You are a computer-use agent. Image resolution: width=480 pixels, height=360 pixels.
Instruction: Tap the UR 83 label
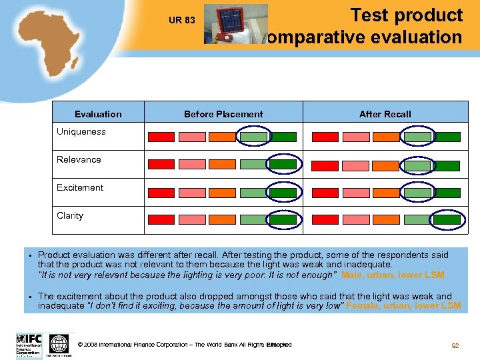pyautogui.click(x=182, y=20)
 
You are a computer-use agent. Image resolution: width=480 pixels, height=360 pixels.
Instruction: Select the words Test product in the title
pyautogui.click(x=406, y=15)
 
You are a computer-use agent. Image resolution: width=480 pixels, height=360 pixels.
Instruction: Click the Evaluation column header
pyautogui.click(x=98, y=114)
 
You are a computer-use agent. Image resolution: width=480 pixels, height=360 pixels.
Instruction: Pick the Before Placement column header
pyautogui.click(x=223, y=114)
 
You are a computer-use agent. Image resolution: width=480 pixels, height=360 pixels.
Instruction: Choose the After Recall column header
pyautogui.click(x=385, y=114)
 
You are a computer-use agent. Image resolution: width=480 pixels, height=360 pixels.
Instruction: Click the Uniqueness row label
pyautogui.click(x=81, y=131)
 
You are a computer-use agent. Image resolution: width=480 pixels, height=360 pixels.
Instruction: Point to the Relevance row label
pyautogui.click(x=79, y=159)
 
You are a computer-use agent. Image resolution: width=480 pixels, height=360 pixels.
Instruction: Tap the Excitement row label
pyautogui.click(x=80, y=187)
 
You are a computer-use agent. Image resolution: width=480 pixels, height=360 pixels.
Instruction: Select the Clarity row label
pyautogui.click(x=70, y=215)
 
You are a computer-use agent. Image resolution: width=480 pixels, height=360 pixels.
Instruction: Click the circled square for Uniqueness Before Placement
pyautogui.click(x=253, y=137)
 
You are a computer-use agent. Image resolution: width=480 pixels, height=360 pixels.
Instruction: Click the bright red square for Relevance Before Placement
pyautogui.click(x=161, y=164)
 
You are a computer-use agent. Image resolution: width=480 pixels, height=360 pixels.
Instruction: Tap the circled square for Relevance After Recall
pyautogui.click(x=418, y=165)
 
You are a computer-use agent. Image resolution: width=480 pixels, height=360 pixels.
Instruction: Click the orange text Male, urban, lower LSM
pyautogui.click(x=393, y=275)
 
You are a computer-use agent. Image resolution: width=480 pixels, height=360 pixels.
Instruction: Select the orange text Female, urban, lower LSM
pyautogui.click(x=403, y=305)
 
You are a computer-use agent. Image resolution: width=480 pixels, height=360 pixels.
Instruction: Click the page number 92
pyautogui.click(x=455, y=345)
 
